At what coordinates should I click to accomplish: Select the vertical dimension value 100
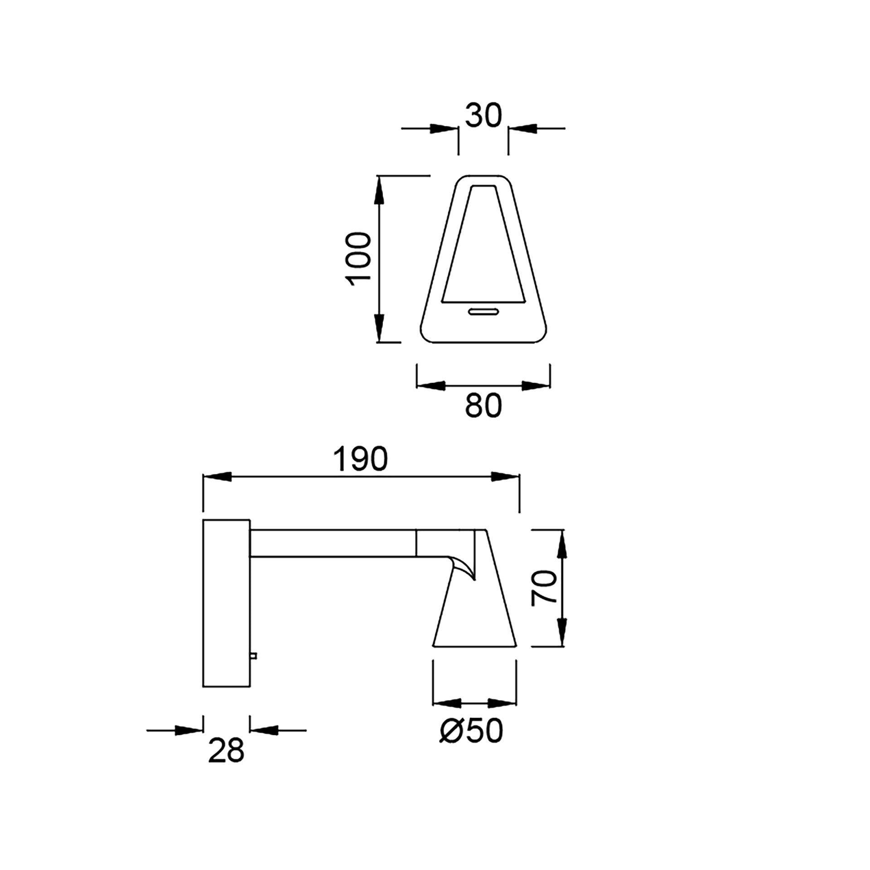pyautogui.click(x=358, y=259)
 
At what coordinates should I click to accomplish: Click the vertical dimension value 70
pyautogui.click(x=544, y=588)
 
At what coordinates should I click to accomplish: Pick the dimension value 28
pyautogui.click(x=226, y=751)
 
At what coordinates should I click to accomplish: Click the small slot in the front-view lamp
pyautogui.click(x=483, y=312)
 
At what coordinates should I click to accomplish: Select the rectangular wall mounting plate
pyautogui.click(x=226, y=609)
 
